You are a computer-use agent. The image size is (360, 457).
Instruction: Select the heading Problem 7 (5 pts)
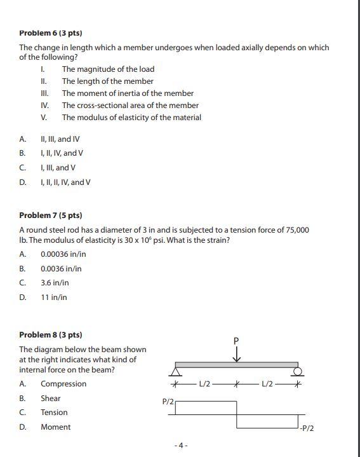51,215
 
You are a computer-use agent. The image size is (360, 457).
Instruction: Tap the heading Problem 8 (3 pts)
51,334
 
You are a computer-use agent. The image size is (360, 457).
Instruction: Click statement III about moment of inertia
128,93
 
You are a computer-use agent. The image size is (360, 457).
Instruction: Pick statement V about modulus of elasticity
131,118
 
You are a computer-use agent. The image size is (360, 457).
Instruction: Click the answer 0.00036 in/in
63,254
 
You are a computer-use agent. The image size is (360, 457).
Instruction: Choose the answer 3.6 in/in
55,283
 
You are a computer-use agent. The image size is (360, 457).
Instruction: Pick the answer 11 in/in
53,297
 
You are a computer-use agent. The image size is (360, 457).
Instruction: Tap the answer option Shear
50,399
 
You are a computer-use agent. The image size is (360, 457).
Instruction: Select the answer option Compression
63,384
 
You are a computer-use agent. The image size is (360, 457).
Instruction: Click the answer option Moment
55,427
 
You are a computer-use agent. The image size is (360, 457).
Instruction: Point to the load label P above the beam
236,341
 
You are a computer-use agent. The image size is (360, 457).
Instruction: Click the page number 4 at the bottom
180,446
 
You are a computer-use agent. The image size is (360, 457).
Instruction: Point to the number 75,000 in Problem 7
295,229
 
